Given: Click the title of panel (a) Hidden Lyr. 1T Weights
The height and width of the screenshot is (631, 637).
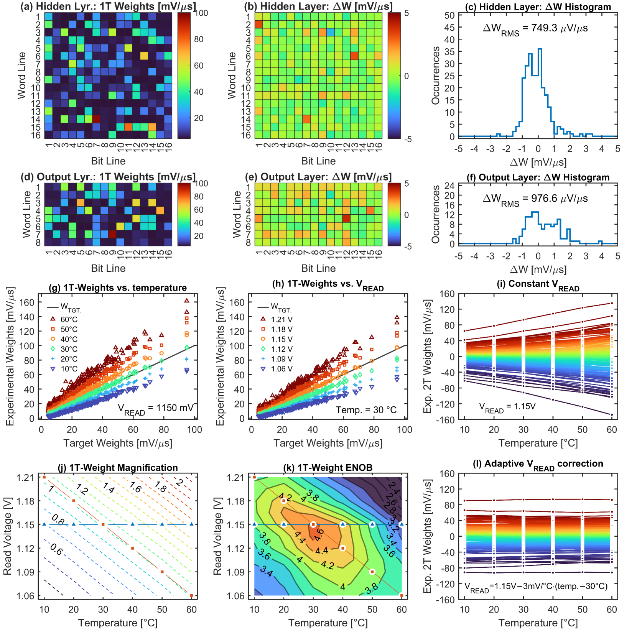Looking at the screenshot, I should click(x=108, y=6).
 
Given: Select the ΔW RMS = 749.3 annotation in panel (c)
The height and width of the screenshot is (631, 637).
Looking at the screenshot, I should click(x=535, y=29).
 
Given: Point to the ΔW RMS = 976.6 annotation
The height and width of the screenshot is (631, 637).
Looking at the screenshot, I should click(x=535, y=199).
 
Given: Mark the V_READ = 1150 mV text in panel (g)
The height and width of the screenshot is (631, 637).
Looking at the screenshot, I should click(x=156, y=409).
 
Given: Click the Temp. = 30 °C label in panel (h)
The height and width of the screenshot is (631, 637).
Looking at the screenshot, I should click(x=366, y=410).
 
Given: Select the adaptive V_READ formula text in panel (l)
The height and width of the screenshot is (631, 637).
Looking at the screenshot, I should click(x=536, y=587).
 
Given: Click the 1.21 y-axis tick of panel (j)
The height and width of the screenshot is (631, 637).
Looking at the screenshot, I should click(x=25, y=477).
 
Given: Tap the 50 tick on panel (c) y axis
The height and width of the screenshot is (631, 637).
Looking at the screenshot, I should click(x=449, y=15).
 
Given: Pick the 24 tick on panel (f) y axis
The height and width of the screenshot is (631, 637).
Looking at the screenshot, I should click(x=449, y=186).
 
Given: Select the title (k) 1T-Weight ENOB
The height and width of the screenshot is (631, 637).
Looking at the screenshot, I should click(x=328, y=467).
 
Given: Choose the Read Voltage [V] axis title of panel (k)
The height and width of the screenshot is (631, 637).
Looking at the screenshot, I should click(x=217, y=536).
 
